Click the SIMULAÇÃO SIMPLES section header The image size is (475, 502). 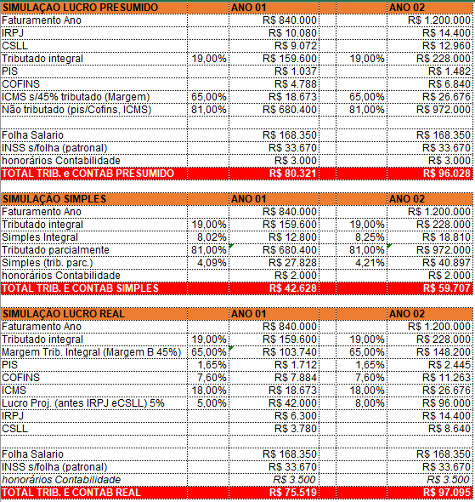pos(54,199)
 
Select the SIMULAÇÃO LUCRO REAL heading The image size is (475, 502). pos(64,314)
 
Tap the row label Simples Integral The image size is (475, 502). pos(40,237)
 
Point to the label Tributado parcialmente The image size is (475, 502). pos(55,250)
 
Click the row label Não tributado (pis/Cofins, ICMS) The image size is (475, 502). pos(76,110)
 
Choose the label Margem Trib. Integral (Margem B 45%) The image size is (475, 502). pos(92,352)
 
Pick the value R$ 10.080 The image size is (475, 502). pos(292,33)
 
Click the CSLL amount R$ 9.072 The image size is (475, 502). pos(296,46)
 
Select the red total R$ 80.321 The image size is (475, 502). pos(293,174)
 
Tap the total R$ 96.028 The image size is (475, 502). pos(447,174)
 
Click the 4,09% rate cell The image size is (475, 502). pos(212,263)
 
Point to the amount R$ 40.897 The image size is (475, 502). pos(447,263)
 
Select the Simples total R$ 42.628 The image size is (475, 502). pos(293,288)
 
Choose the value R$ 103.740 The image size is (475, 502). pos(290,352)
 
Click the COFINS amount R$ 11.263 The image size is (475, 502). pos(447,378)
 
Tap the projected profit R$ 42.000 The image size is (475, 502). pos(292,403)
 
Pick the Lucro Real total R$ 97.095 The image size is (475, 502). pos(447,493)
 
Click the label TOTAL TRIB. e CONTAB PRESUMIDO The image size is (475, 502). pos(88,174)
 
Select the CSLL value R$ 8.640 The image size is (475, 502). pos(450,429)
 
